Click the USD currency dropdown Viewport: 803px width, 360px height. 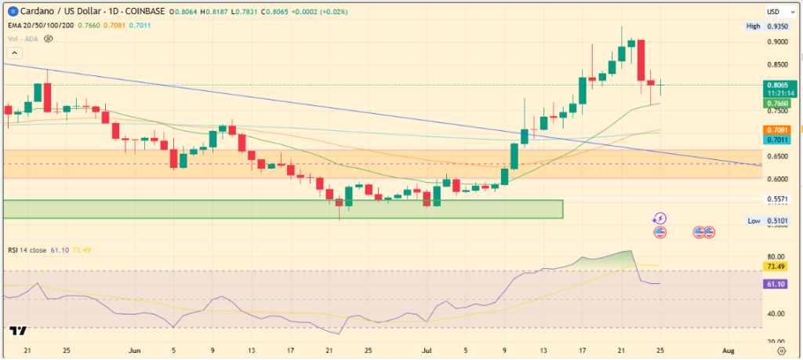pos(776,12)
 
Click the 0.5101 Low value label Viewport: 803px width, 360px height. pos(776,221)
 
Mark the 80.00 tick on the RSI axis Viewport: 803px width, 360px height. pos(775,256)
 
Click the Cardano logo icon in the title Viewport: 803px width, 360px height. pos(12,12)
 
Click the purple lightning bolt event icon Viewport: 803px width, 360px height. pos(660,218)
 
